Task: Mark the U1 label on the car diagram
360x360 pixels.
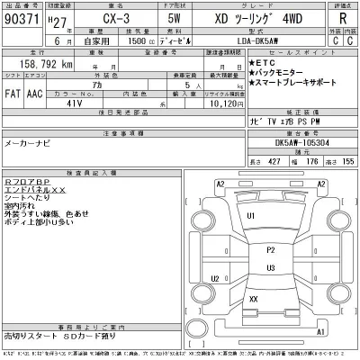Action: [x=252, y=216]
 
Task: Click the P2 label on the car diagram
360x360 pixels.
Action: [x=271, y=249]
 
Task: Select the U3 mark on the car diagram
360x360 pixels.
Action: [x=271, y=266]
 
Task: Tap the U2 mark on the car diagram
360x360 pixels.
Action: [x=214, y=278]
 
